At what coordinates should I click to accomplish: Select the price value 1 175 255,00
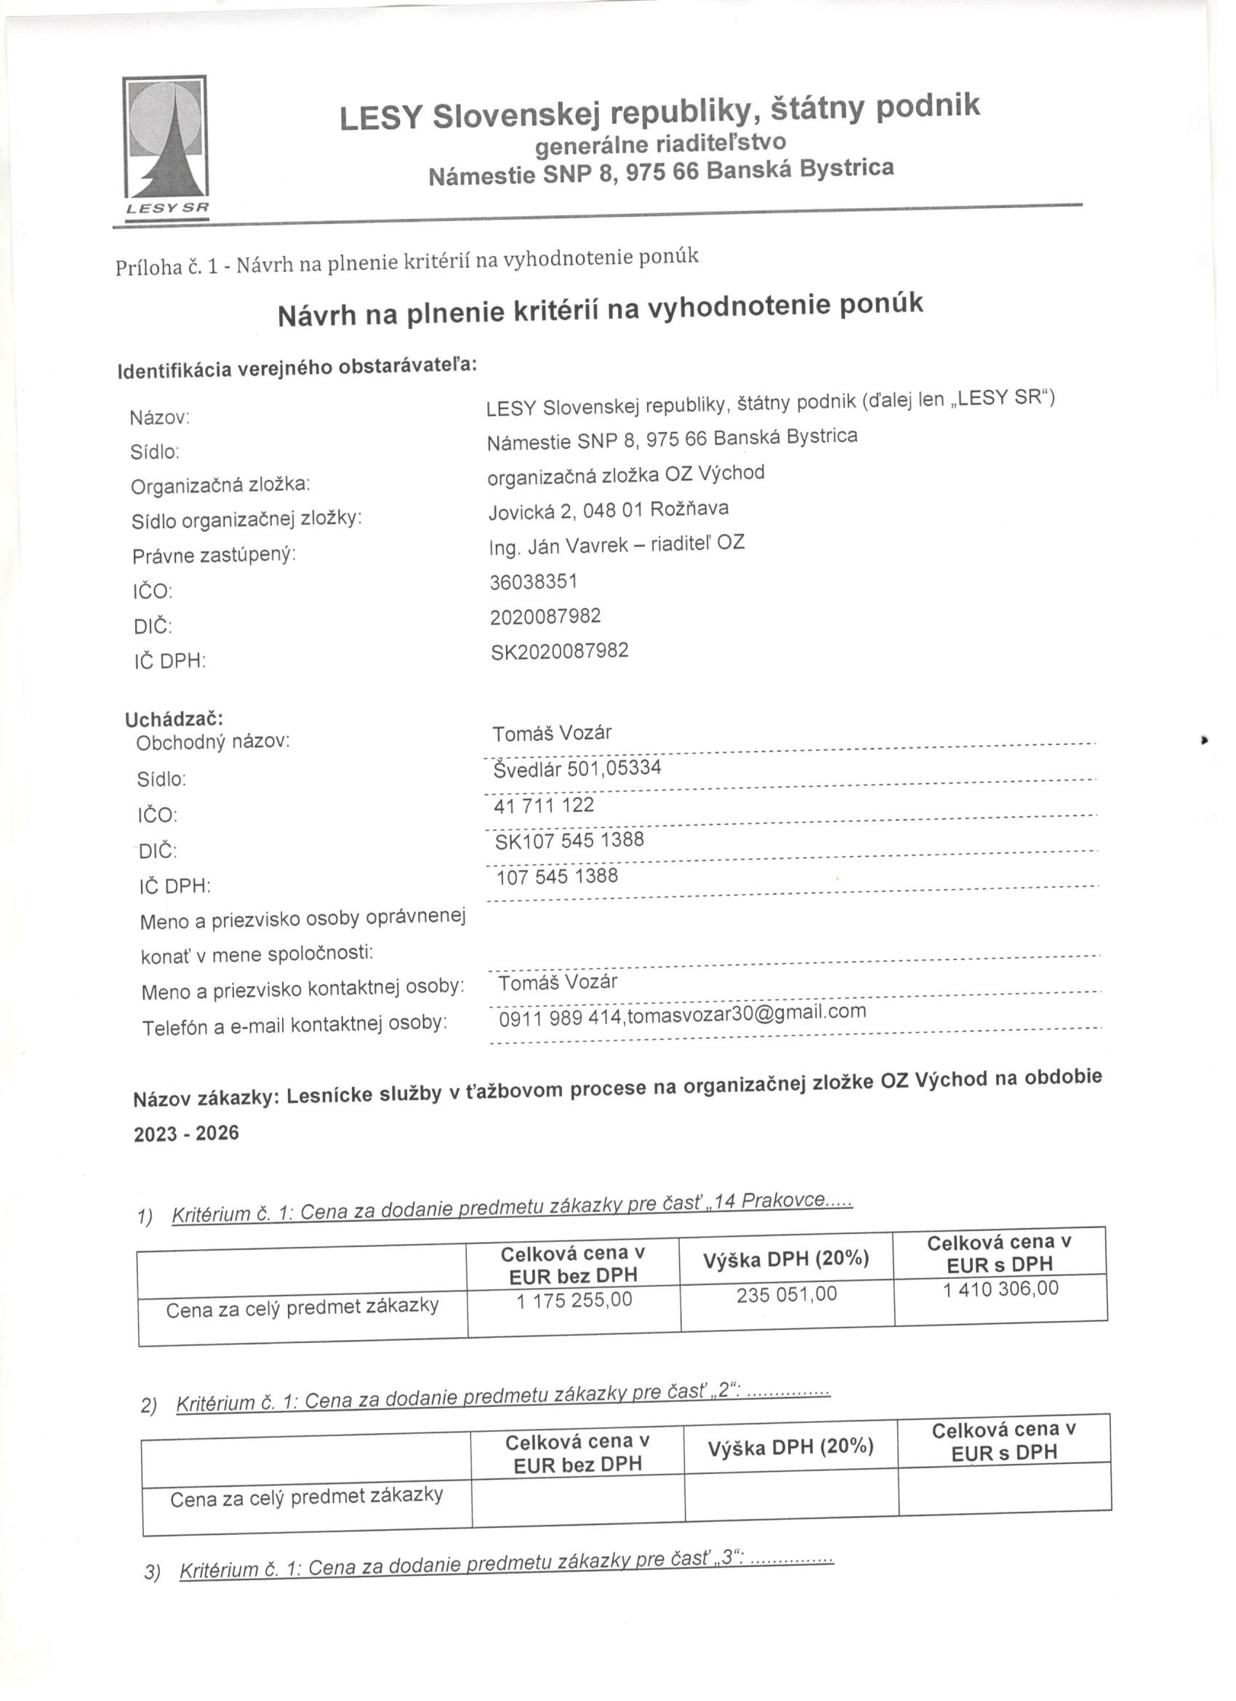click(574, 1299)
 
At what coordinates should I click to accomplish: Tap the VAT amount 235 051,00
click(786, 1294)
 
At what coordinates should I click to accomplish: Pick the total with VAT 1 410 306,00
click(1000, 1288)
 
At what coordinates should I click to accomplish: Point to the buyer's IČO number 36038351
click(533, 582)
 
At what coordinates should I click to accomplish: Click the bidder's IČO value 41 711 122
click(543, 805)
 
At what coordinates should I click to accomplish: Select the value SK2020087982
click(559, 651)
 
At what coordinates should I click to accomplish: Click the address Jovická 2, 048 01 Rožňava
click(608, 509)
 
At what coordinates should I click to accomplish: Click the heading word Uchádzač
click(174, 719)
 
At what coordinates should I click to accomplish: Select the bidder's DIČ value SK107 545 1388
click(569, 840)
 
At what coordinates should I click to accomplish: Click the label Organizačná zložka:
click(220, 485)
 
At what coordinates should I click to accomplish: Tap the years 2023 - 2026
click(186, 1134)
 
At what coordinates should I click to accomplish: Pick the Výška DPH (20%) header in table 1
click(785, 1259)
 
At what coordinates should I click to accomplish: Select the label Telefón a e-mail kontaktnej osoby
click(294, 1024)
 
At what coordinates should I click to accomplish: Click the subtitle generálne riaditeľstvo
click(660, 143)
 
